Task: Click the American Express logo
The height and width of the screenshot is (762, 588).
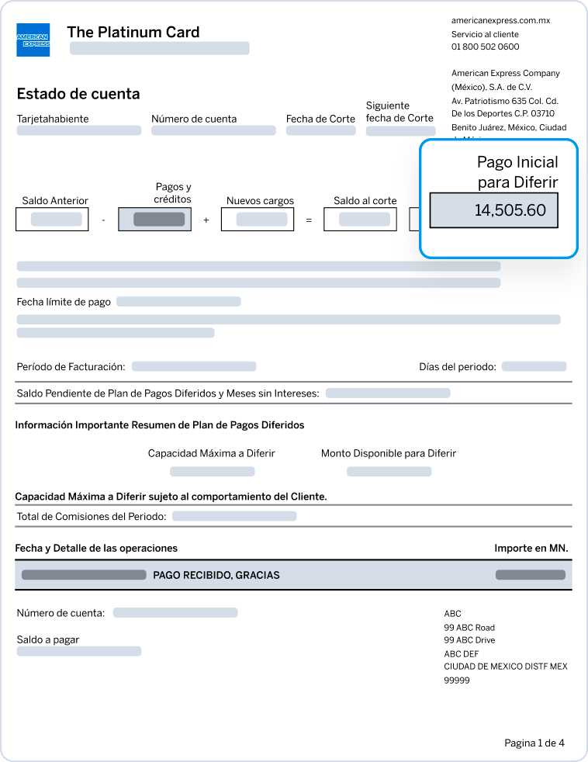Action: pyautogui.click(x=33, y=40)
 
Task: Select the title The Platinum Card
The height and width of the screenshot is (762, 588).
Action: pyautogui.click(x=133, y=33)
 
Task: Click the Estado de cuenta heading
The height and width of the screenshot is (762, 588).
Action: pyautogui.click(x=78, y=94)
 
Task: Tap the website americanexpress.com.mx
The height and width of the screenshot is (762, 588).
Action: pyautogui.click(x=500, y=21)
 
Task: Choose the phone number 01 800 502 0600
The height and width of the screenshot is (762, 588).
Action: pyautogui.click(x=485, y=47)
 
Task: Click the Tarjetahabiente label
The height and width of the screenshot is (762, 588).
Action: pyautogui.click(x=53, y=119)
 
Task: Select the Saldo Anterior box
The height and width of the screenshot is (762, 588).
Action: pyautogui.click(x=51, y=220)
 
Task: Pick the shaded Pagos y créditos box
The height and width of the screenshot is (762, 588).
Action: pyautogui.click(x=154, y=220)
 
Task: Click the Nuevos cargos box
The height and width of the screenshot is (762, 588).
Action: pyautogui.click(x=257, y=220)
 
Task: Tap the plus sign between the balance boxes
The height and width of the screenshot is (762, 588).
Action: pyautogui.click(x=206, y=220)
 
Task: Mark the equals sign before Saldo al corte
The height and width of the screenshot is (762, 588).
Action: pyautogui.click(x=309, y=220)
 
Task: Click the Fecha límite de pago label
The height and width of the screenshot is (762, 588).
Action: pyautogui.click(x=64, y=302)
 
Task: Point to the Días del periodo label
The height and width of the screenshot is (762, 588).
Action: pyautogui.click(x=457, y=366)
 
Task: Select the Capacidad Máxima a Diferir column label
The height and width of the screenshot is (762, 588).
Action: pyautogui.click(x=211, y=453)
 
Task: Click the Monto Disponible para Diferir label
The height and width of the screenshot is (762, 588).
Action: pyautogui.click(x=388, y=453)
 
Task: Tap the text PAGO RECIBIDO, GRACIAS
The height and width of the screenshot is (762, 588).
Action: pyautogui.click(x=216, y=575)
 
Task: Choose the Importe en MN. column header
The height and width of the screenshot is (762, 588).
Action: pyautogui.click(x=531, y=548)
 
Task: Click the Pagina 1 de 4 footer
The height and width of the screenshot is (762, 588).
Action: pyautogui.click(x=534, y=743)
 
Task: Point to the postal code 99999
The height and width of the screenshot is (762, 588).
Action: pyautogui.click(x=457, y=681)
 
